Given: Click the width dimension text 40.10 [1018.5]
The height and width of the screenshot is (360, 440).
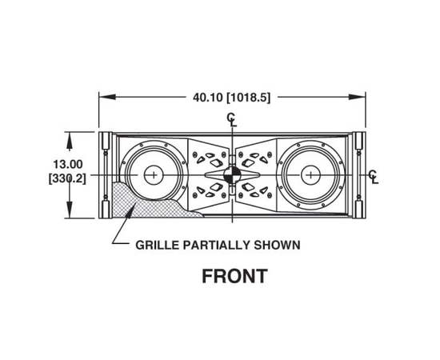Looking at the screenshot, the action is (231, 98).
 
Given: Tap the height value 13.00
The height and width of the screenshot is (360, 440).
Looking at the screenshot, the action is (68, 164).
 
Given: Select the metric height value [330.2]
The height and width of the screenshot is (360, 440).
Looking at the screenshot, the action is (67, 178).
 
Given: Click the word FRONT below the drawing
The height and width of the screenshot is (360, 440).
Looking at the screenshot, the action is (234, 276).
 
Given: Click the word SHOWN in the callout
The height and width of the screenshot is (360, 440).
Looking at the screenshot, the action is (277, 245).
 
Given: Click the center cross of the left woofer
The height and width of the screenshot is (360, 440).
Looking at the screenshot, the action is (154, 175).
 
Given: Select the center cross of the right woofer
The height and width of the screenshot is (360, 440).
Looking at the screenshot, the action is (310, 175).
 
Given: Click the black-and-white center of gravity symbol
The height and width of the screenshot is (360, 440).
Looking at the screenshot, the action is (232, 175).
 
